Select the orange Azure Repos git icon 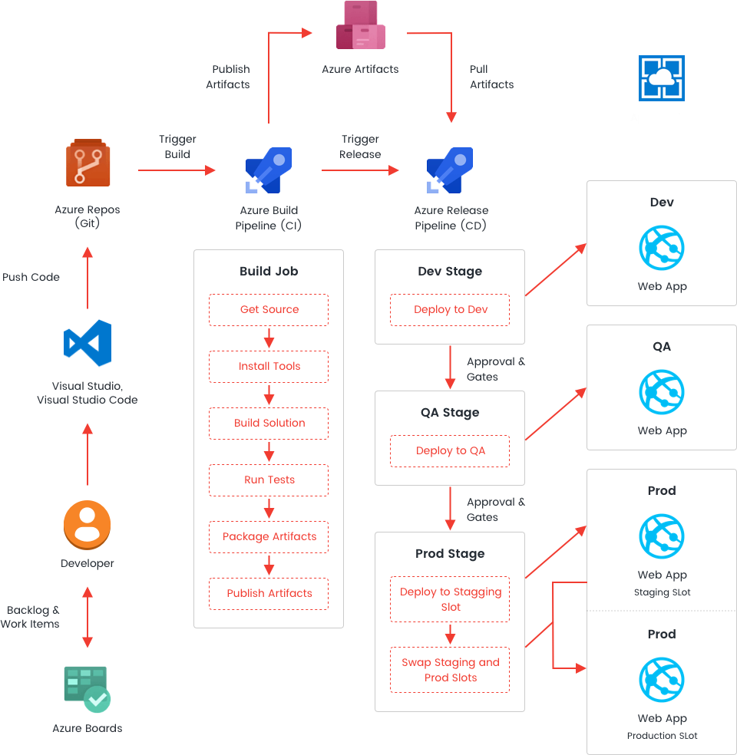88,171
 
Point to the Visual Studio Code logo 87,351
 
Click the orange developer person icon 87,526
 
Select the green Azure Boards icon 88,695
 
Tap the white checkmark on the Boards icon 97,699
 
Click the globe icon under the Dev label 662,247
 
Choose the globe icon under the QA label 662,391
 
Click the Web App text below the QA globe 661,434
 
